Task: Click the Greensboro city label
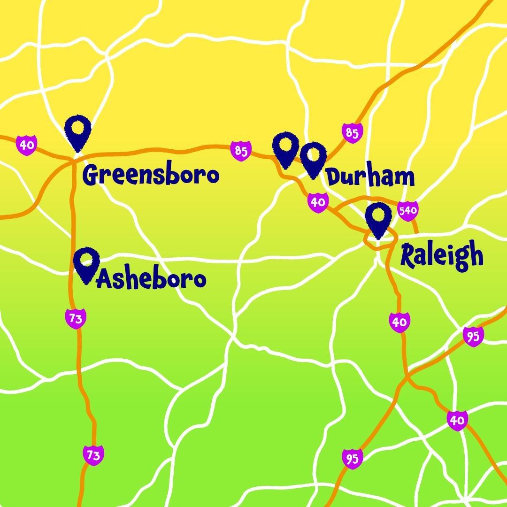point(151,175)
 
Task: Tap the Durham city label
point(370,177)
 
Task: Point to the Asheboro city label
point(151,280)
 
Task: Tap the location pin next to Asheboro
point(87,264)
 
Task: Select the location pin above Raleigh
point(378,219)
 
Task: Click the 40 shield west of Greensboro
point(27,144)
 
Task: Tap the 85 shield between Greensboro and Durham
point(241,151)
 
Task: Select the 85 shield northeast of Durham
point(352,133)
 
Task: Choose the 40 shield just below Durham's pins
point(318,202)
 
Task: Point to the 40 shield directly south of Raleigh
point(399,323)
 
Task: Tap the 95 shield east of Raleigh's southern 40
point(473,336)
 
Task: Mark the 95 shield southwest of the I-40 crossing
point(352,459)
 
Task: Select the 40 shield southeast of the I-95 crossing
point(457,420)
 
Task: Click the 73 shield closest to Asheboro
point(76,319)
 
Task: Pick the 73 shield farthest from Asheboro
point(93,455)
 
